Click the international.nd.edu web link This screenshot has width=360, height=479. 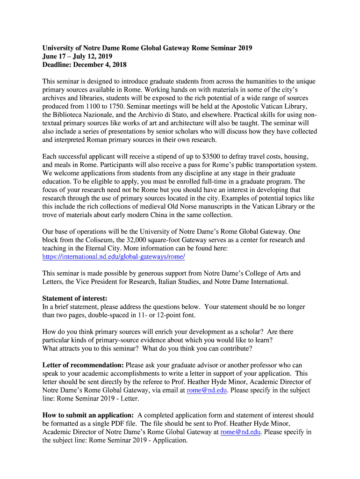point(114,257)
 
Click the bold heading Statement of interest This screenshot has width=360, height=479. point(75,298)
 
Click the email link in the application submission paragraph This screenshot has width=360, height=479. point(240,432)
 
